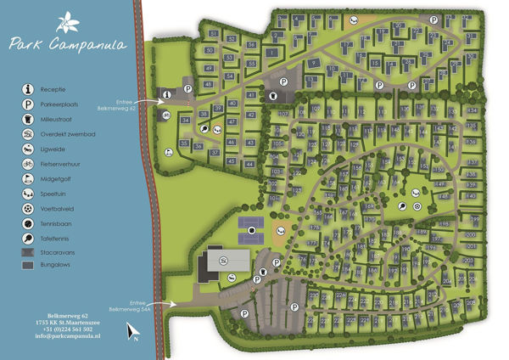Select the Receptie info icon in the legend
click(28, 89)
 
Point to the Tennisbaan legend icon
click(28, 224)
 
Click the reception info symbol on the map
click(167, 94)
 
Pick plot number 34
click(185, 121)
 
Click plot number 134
click(472, 110)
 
